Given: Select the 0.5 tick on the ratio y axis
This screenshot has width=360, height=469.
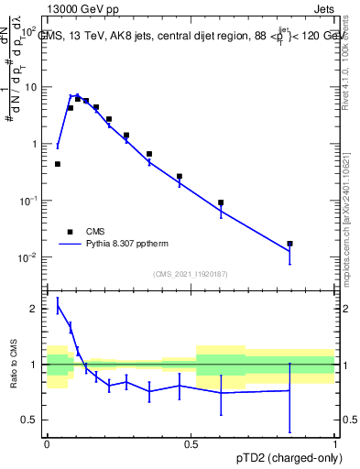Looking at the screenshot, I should [x=32, y=420].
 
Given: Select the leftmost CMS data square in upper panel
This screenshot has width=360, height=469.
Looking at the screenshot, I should [x=58, y=164].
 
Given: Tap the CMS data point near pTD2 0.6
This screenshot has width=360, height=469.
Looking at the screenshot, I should [x=221, y=202].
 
